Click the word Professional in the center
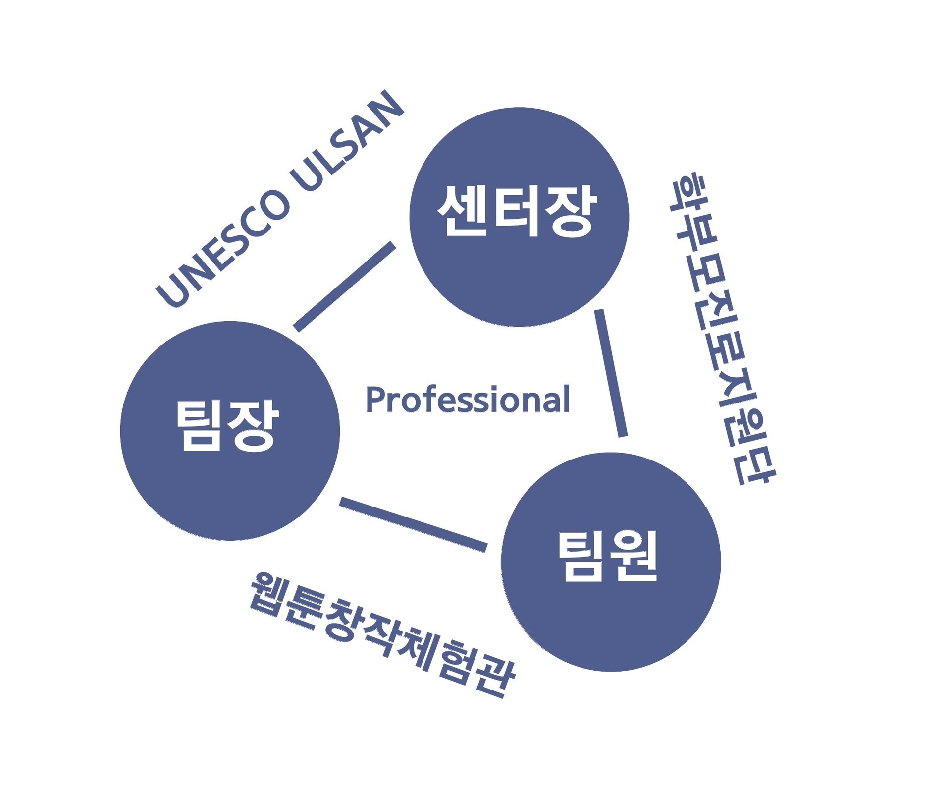pos(468,400)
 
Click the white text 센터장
pos(518,211)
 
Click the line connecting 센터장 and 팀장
pos(345,287)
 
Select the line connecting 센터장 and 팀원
pos(611,373)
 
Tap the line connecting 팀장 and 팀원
pos(414,524)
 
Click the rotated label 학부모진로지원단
pos(723,330)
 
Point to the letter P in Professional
pos(375,400)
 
